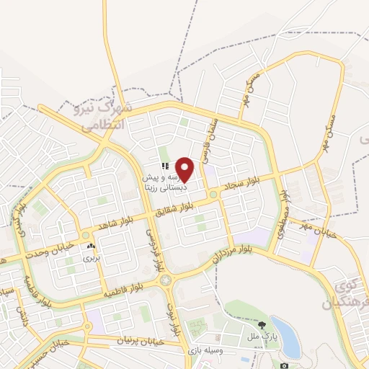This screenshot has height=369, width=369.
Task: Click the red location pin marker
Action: pyautogui.click(x=185, y=169)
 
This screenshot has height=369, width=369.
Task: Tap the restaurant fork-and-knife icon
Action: pyautogui.click(x=165, y=166)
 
